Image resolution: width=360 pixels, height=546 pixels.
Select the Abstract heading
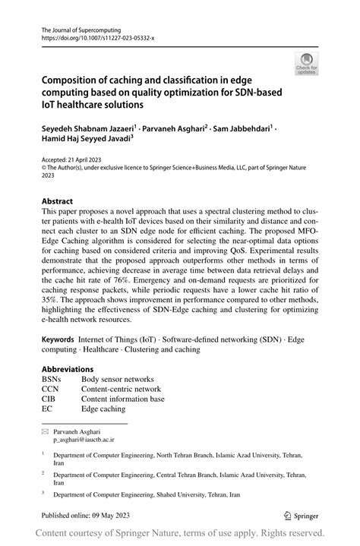point(58,201)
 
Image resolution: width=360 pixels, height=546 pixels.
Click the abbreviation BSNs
point(53,379)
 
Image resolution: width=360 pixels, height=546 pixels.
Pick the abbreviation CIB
point(49,399)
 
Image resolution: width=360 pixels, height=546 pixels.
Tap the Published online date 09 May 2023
point(127,514)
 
